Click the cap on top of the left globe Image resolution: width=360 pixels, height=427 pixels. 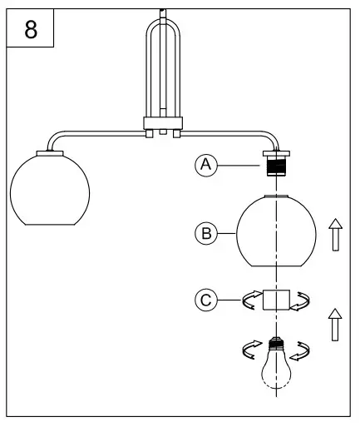50,152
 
